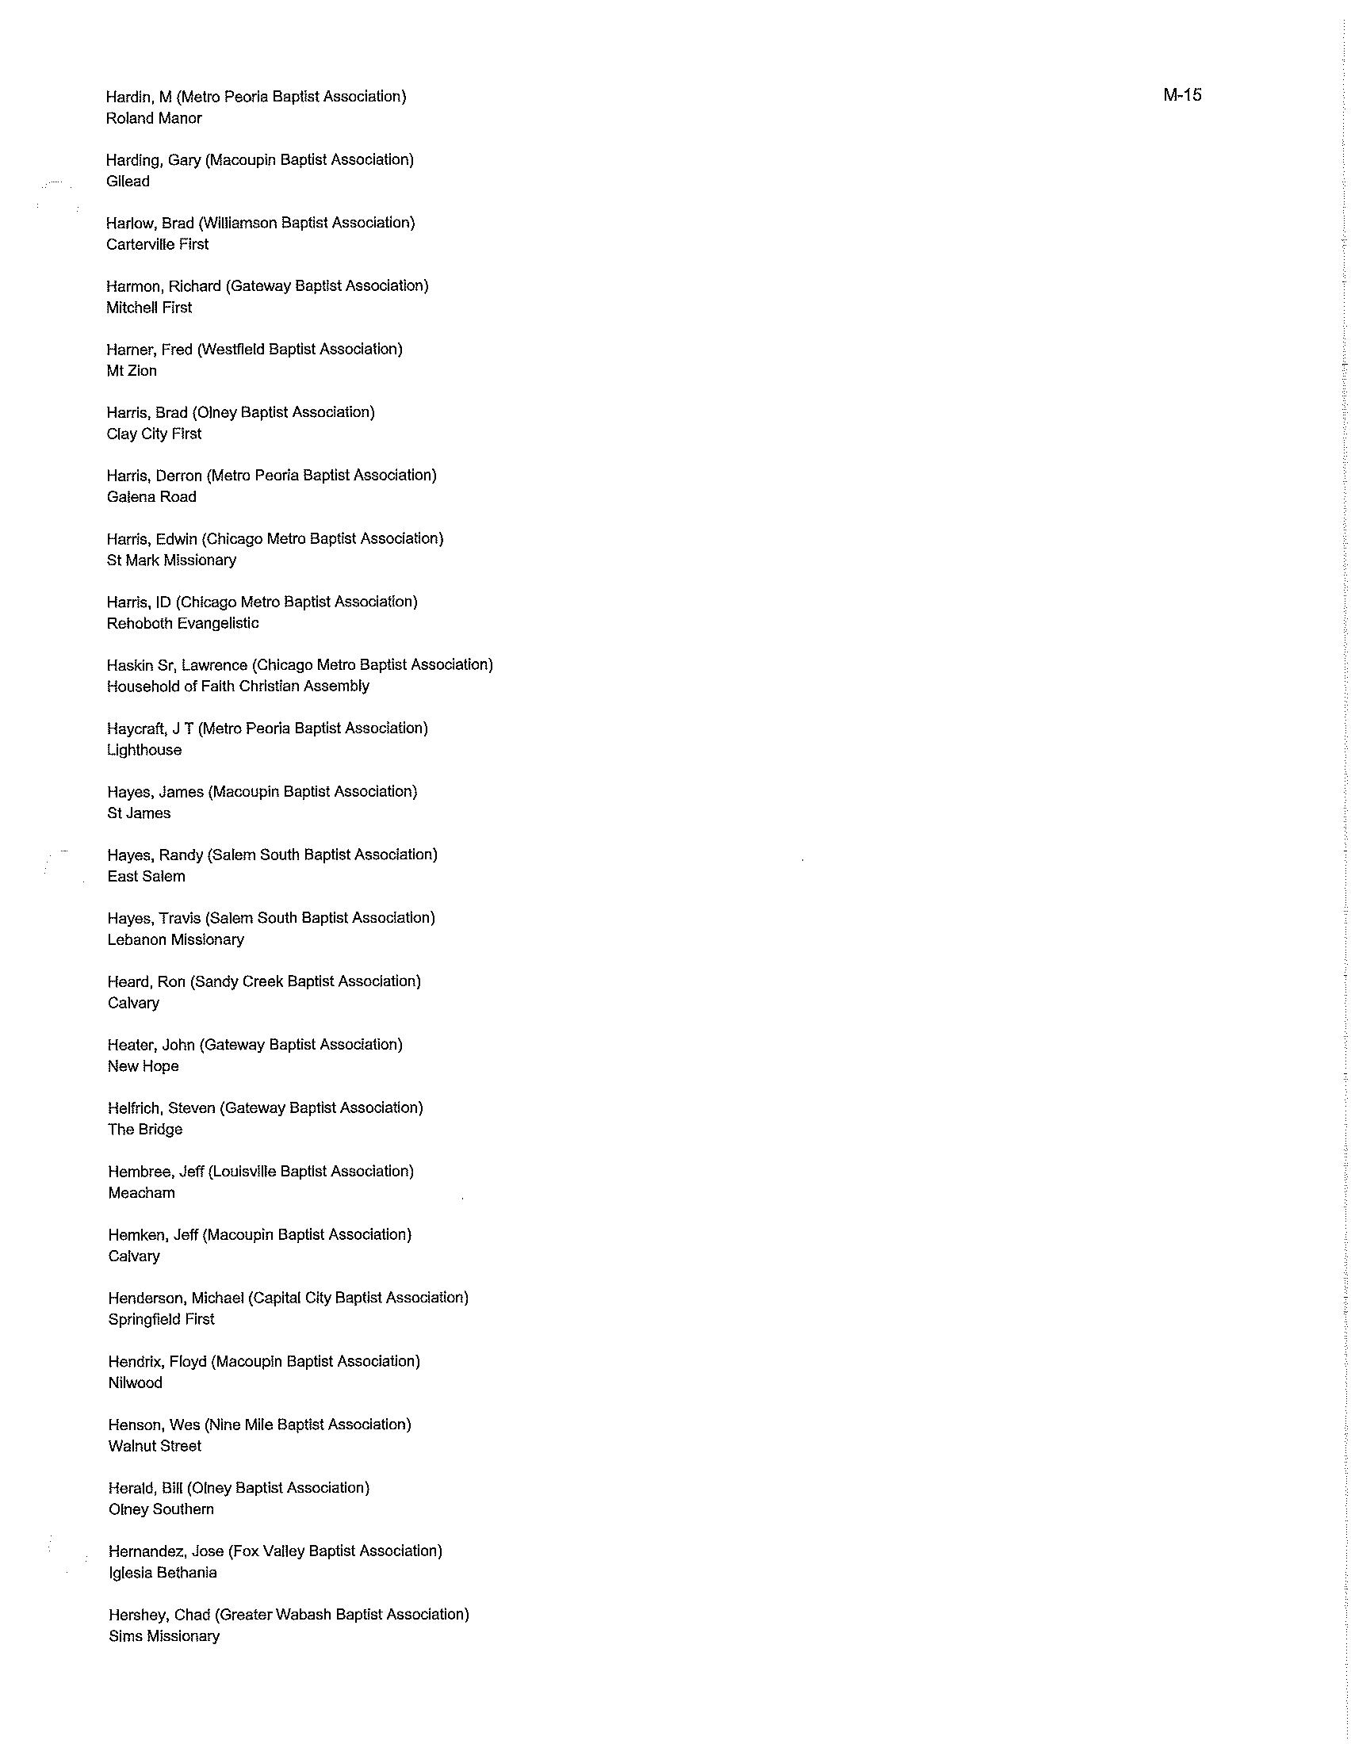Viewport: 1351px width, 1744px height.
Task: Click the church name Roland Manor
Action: pyautogui.click(x=154, y=118)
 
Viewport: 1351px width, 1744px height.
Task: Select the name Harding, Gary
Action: pyautogui.click(x=153, y=159)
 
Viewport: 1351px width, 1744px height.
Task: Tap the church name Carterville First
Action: pyautogui.click(x=157, y=244)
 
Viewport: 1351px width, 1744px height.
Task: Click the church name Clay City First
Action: pyautogui.click(x=154, y=434)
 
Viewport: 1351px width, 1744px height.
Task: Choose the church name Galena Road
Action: pyautogui.click(x=151, y=497)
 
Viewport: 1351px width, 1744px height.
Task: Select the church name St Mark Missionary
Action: pyautogui.click(x=172, y=560)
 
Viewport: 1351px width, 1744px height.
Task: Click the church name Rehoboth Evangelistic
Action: pyautogui.click(x=183, y=623)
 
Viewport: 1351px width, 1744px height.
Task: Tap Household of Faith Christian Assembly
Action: pyautogui.click(x=238, y=686)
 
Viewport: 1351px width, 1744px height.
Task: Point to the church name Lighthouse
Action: pyautogui.click(x=144, y=750)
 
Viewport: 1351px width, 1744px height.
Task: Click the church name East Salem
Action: pyautogui.click(x=146, y=876)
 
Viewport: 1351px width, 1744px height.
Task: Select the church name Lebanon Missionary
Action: pyautogui.click(x=176, y=939)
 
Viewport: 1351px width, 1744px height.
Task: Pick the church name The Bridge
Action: pyautogui.click(x=145, y=1129)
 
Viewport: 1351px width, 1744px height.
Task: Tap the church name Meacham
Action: pyautogui.click(x=141, y=1192)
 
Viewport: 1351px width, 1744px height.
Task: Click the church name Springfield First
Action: pyautogui.click(x=161, y=1319)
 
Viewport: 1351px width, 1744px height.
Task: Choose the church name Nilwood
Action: pyautogui.click(x=135, y=1383)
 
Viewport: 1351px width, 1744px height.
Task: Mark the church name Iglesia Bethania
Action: pyautogui.click(x=163, y=1572)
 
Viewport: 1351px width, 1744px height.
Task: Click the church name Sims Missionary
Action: pyautogui.click(x=163, y=1635)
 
